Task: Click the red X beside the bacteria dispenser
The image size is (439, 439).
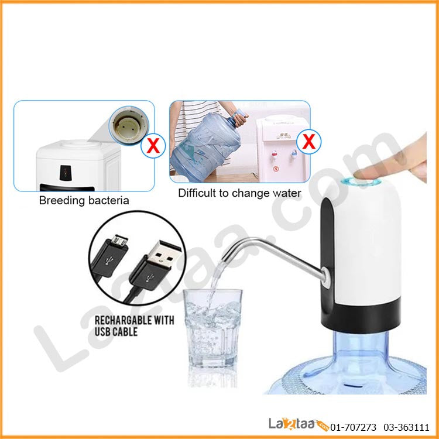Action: [x=153, y=146]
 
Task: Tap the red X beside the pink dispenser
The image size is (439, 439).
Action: [x=309, y=142]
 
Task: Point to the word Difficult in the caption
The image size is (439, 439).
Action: [x=197, y=193]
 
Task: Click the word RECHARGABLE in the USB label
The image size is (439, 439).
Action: [x=124, y=320]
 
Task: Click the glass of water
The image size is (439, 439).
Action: [x=212, y=328]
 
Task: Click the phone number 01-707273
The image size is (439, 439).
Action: [x=353, y=427]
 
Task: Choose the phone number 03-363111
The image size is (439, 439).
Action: [x=406, y=427]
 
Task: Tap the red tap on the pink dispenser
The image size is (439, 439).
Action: [x=275, y=154]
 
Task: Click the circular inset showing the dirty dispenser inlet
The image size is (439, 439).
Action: [x=129, y=125]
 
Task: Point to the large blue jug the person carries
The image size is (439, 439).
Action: [x=206, y=146]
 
